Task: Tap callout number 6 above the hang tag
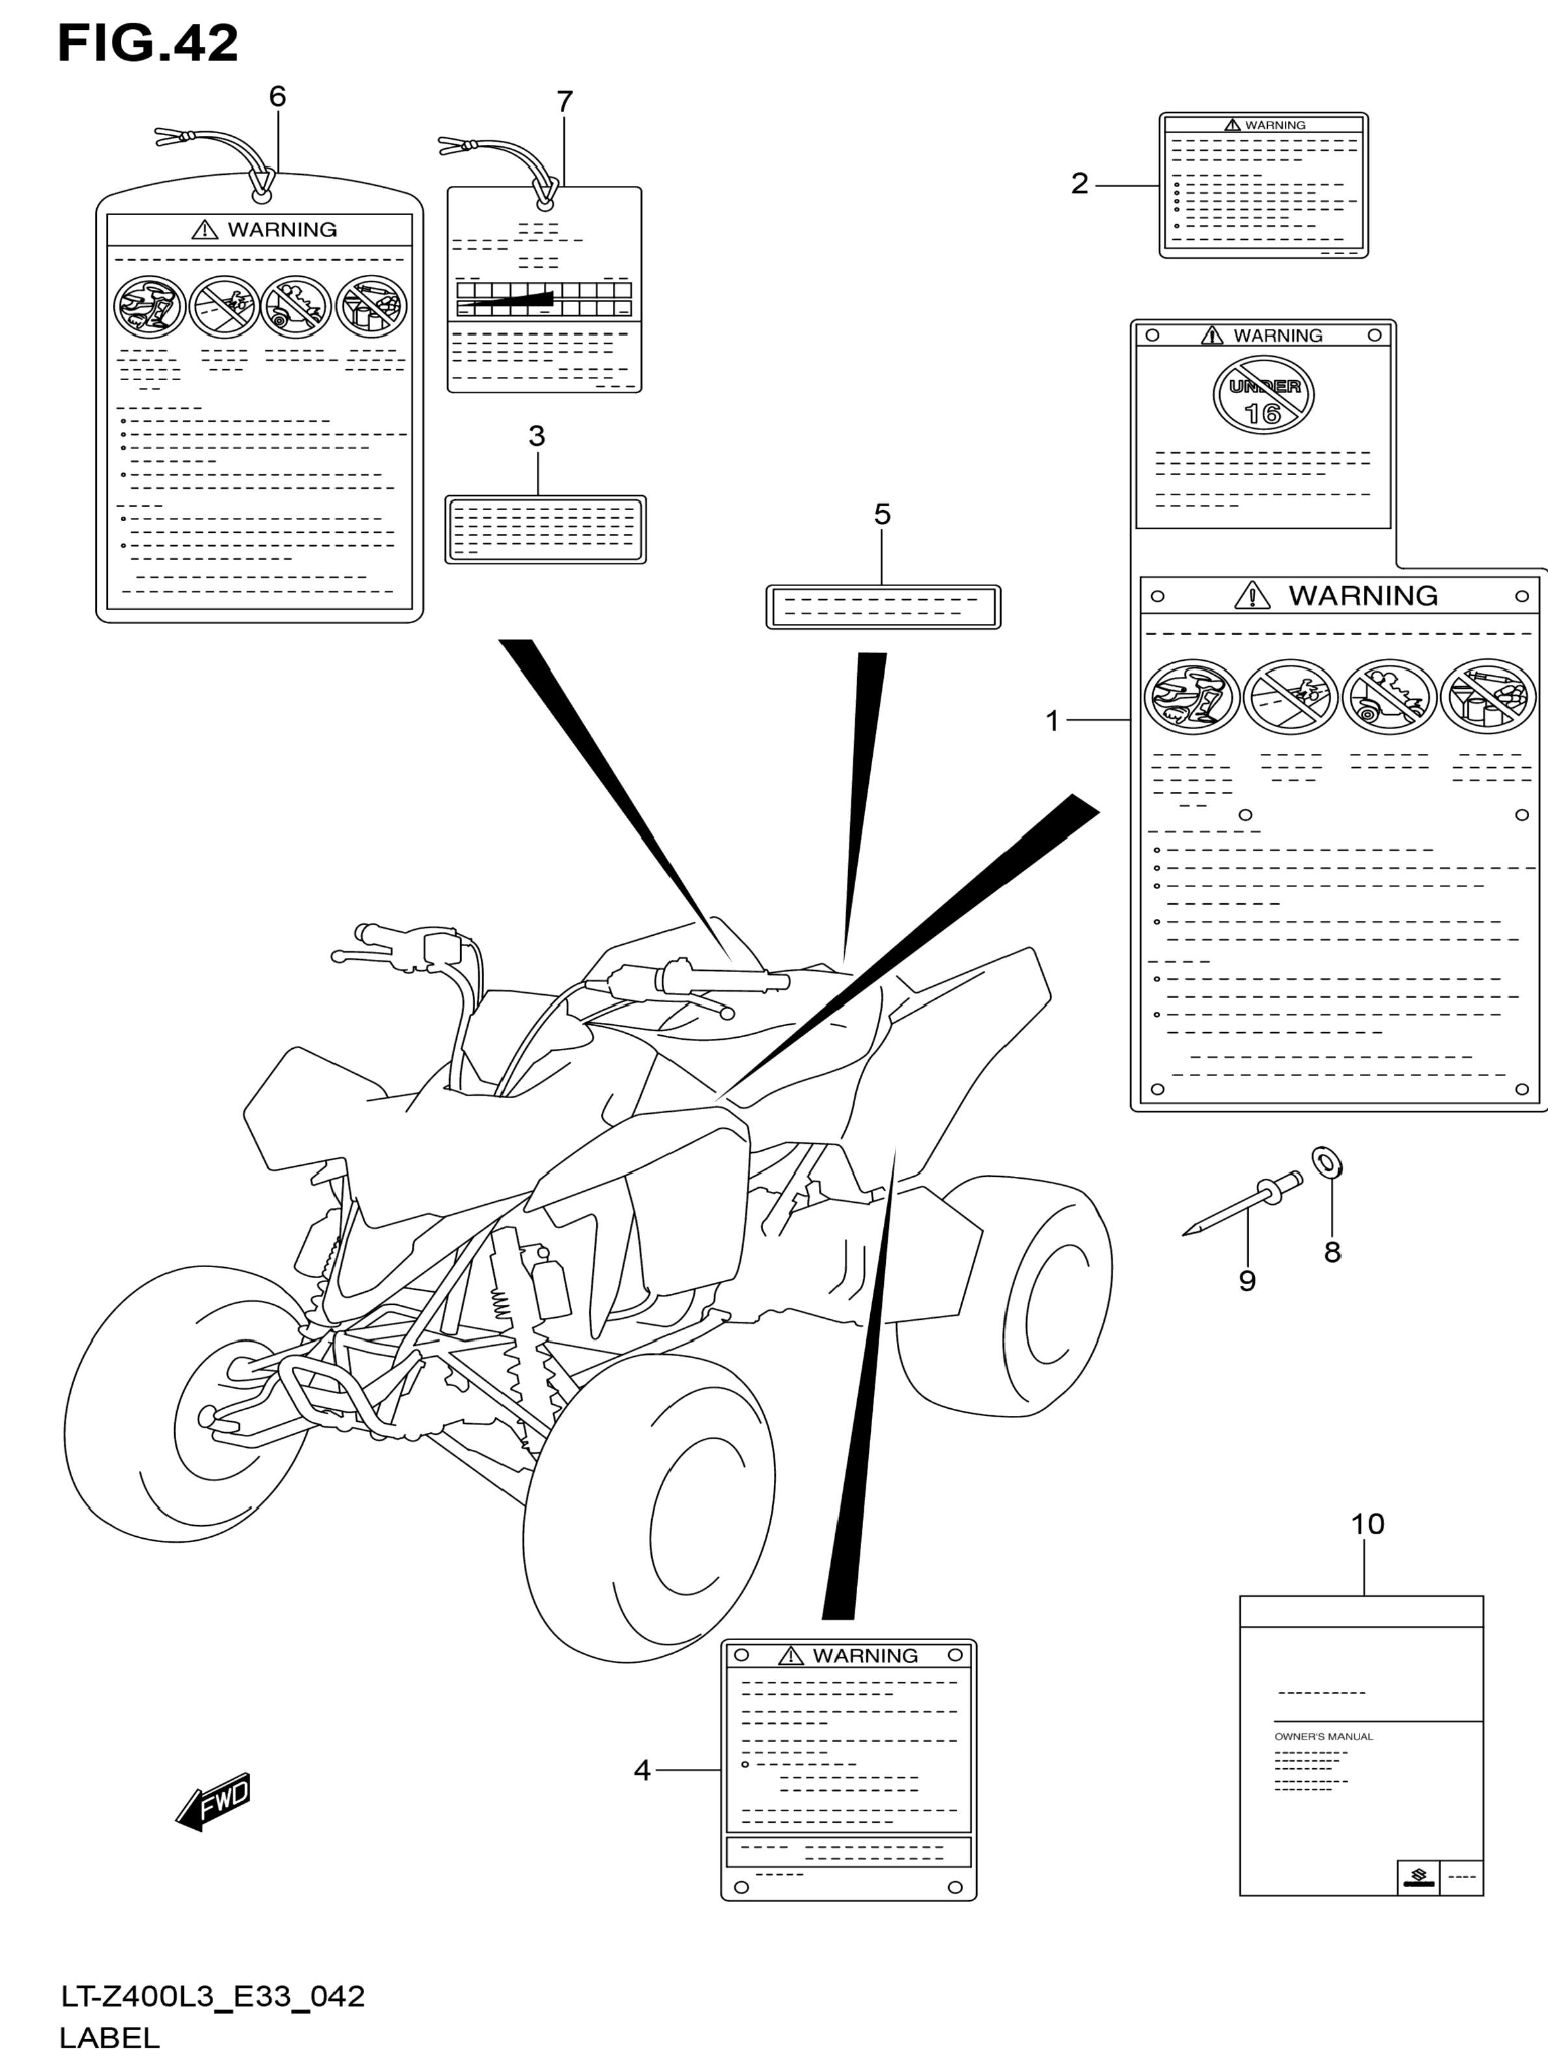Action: [277, 97]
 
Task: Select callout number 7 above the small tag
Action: [565, 101]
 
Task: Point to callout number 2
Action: [1079, 183]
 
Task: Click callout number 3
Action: [537, 435]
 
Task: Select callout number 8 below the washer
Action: [1332, 1252]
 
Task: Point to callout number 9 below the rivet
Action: [1248, 1281]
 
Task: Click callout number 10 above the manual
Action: [1367, 1524]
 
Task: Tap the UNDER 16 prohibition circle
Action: [1263, 397]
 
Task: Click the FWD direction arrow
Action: [214, 1802]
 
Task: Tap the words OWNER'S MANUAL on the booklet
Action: [1323, 1737]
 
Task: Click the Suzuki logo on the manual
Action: [1419, 1877]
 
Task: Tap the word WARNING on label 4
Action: [864, 1656]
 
